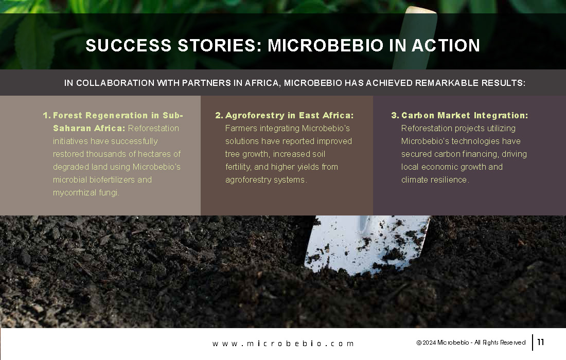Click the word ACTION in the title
446,45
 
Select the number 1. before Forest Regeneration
46,115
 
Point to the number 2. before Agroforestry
219,115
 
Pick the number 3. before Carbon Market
395,115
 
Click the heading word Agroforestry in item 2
255,115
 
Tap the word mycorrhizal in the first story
75,193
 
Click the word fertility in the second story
238,167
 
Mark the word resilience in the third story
450,179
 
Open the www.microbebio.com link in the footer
283,344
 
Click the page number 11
541,342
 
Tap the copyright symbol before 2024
419,343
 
